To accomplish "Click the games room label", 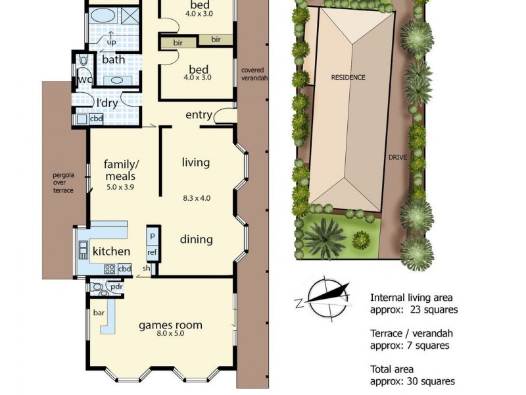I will [x=170, y=325].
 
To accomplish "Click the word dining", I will [x=196, y=239].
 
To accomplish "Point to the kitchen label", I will [x=110, y=251].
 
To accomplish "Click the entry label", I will [x=199, y=115].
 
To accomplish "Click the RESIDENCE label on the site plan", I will [x=348, y=77].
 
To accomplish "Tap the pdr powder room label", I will [x=116, y=287].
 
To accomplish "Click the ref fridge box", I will [x=152, y=251].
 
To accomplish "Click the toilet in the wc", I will [x=84, y=61].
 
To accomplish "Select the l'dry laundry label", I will [x=107, y=103].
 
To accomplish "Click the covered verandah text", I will [x=254, y=74].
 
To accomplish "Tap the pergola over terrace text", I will [x=64, y=183].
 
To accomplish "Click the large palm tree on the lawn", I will [x=323, y=236].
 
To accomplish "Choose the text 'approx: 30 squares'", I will [x=412, y=381].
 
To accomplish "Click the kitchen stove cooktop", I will [x=108, y=269].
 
